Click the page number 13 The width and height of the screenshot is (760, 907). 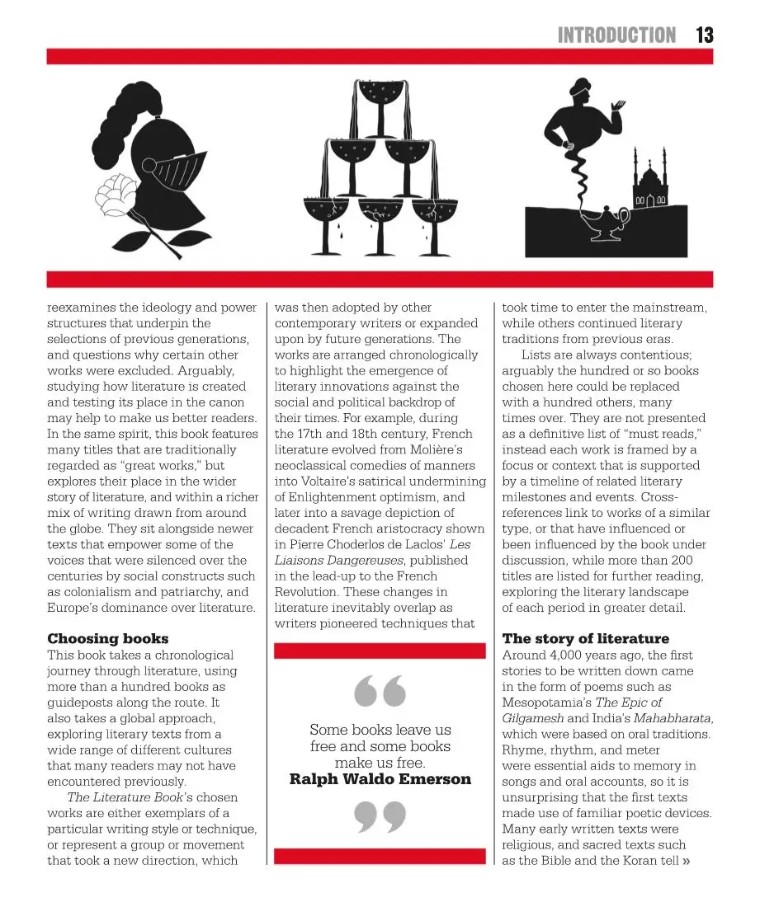[704, 35]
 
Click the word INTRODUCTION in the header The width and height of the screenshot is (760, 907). [616, 35]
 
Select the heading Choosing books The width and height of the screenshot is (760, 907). [107, 638]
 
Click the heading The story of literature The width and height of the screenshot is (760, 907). [585, 638]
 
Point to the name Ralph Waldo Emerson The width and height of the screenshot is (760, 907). [380, 779]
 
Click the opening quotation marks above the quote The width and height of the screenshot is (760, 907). [380, 691]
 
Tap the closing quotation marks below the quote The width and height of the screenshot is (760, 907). [380, 817]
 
